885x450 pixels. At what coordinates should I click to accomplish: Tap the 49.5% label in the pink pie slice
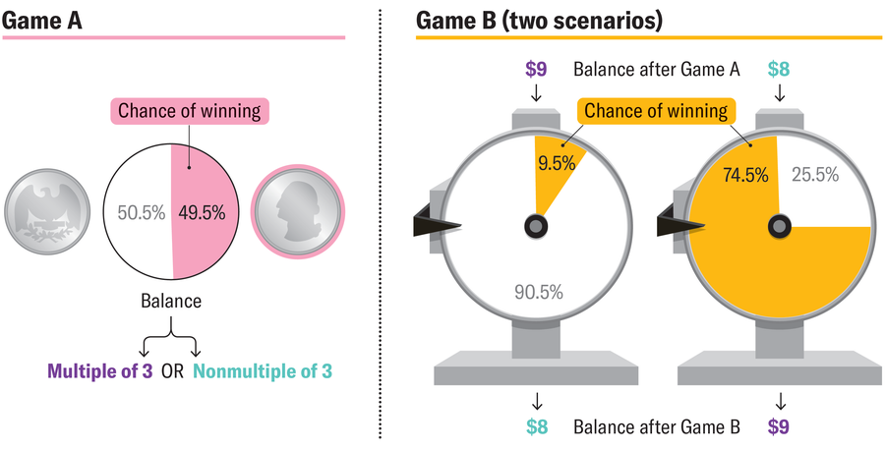click(x=202, y=211)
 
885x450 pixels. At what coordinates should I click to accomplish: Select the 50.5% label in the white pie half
click(x=140, y=211)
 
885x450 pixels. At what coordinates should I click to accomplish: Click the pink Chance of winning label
click(x=190, y=110)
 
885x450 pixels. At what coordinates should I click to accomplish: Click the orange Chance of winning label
click(x=656, y=110)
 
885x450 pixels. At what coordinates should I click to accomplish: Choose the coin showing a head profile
click(x=293, y=211)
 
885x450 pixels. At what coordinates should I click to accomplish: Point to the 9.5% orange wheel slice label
click(x=556, y=164)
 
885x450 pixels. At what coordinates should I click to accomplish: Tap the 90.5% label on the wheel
click(x=538, y=291)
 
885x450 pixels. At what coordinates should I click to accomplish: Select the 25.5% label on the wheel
click(x=815, y=175)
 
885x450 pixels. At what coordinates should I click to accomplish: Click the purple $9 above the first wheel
click(x=536, y=69)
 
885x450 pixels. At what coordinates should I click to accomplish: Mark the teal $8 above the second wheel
click(x=779, y=69)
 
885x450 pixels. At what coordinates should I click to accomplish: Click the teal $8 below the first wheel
click(x=536, y=426)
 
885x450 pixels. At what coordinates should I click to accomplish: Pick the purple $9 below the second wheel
click(x=779, y=426)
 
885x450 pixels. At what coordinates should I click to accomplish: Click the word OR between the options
click(x=172, y=372)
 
